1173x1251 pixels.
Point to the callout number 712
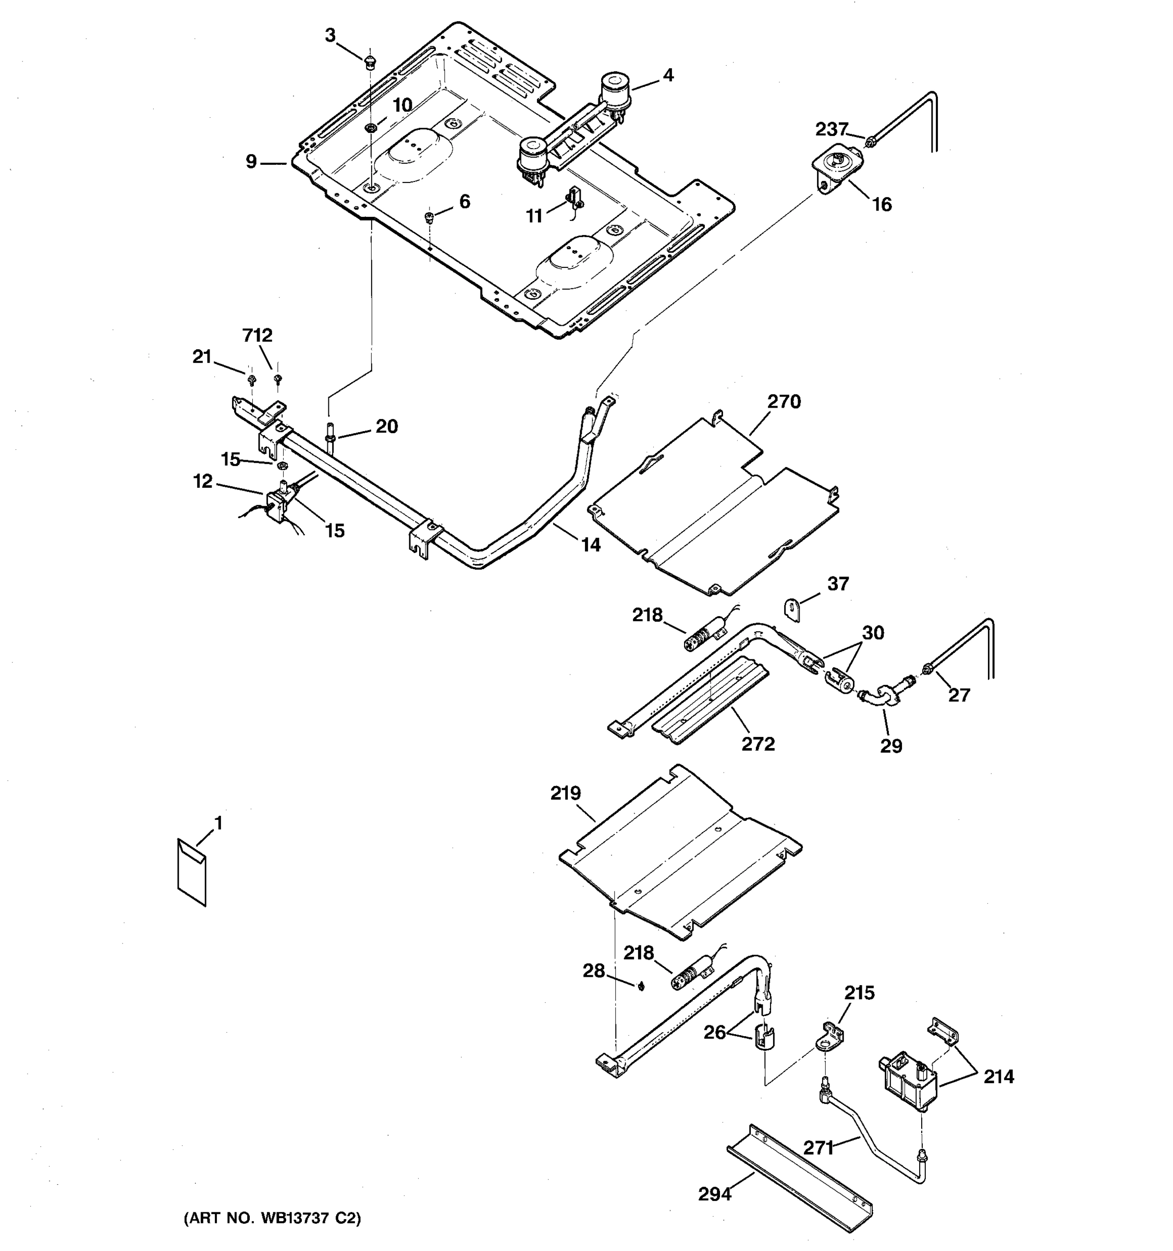[x=258, y=335]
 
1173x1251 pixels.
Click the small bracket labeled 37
[x=792, y=610]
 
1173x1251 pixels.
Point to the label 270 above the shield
[x=784, y=401]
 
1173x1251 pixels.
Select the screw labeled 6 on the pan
[x=429, y=217]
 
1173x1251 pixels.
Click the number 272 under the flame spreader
[x=757, y=744]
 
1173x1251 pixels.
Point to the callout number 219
[x=565, y=793]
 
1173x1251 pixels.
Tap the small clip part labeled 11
[x=574, y=198]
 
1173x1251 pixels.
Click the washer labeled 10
[x=371, y=128]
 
